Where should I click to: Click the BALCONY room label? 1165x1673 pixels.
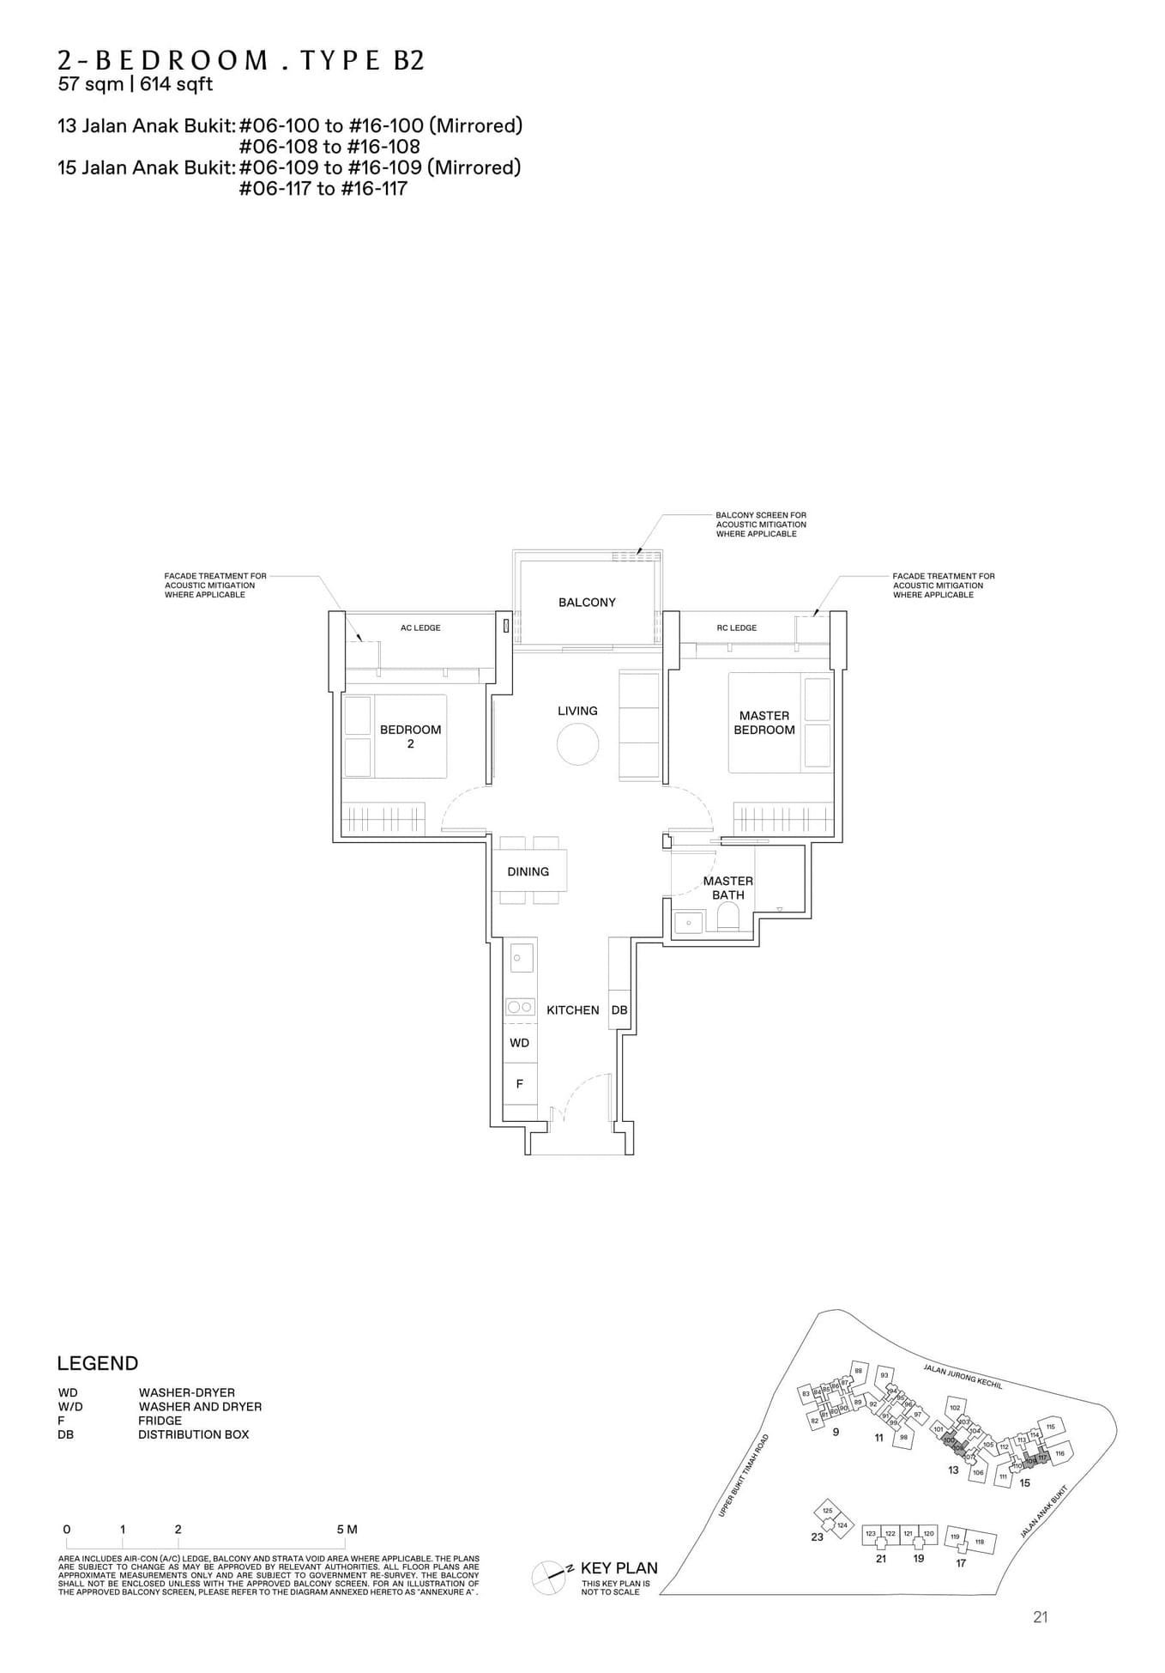coord(587,603)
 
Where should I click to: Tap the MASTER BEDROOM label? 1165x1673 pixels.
coord(764,723)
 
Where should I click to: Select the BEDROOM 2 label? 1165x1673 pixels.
coord(410,736)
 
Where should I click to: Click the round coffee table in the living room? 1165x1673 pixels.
coord(577,743)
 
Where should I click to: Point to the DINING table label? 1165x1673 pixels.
coord(528,871)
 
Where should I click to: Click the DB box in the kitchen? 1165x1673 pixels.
coord(619,1010)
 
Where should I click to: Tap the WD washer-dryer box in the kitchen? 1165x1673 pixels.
coord(519,1043)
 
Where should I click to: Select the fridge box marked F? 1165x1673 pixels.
coord(519,1084)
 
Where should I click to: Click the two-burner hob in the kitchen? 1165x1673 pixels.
coord(520,1007)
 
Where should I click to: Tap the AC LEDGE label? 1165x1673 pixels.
coord(420,627)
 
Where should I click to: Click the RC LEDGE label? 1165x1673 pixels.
coord(736,627)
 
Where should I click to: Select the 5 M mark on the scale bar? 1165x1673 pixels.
coord(347,1529)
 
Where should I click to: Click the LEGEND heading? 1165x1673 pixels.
coord(97,1363)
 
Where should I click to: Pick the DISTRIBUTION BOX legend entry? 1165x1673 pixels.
coord(193,1434)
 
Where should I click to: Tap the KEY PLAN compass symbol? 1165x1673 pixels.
coord(549,1573)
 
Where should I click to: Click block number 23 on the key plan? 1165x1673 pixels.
coord(817,1537)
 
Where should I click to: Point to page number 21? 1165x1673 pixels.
coord(1040,1617)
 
